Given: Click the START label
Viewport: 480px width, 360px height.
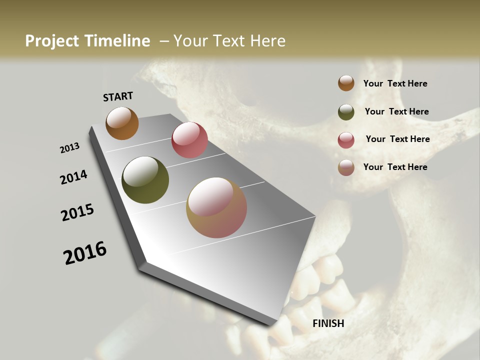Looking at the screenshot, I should click(x=118, y=96).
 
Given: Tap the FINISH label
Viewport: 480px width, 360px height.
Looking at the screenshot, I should click(x=328, y=323).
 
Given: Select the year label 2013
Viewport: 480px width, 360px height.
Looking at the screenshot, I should click(x=69, y=148).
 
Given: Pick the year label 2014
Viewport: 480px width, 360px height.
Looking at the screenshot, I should click(x=73, y=177).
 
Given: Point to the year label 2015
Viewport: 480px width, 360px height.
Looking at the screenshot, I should click(x=77, y=212).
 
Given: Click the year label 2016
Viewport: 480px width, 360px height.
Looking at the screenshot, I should click(x=85, y=252).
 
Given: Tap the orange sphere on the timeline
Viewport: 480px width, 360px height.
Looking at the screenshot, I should click(x=122, y=123).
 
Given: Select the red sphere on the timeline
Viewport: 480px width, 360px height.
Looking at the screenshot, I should click(x=189, y=140).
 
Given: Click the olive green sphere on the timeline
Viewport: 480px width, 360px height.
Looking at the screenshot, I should click(x=145, y=180).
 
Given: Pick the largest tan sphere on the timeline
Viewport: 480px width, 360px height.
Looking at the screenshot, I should click(x=216, y=207).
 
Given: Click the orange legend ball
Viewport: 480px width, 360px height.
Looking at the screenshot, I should click(x=346, y=83).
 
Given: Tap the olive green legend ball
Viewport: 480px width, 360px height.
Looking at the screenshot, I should click(x=346, y=112).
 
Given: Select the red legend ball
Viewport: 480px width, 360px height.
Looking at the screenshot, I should click(x=346, y=140).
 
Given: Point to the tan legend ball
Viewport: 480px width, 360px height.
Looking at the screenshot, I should click(x=346, y=167).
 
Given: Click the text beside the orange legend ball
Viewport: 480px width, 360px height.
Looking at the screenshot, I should click(x=395, y=83).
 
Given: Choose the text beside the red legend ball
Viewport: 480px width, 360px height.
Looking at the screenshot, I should click(x=397, y=139).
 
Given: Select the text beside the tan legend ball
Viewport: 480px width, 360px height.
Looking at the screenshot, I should click(x=395, y=167).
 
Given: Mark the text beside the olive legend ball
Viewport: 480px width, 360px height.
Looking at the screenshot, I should click(x=396, y=111).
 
